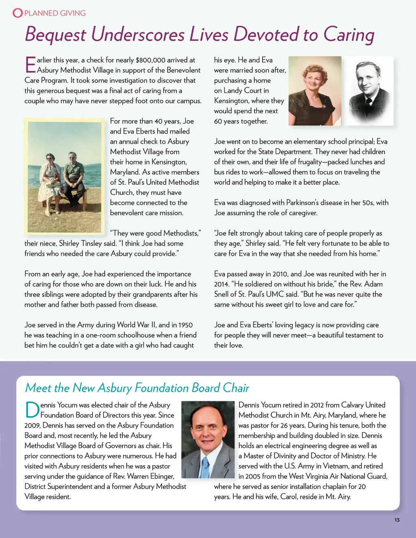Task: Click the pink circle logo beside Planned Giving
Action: (18, 13)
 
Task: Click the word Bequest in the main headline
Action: (55, 35)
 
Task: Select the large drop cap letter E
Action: (30, 65)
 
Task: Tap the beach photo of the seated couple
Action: (64, 177)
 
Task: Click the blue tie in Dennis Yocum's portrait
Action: (205, 467)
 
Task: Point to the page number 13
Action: (397, 520)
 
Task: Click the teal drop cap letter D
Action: (32, 410)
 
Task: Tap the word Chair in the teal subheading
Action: (236, 388)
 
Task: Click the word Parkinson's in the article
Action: (309, 203)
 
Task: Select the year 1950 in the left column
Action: (185, 325)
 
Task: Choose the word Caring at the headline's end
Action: (349, 35)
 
